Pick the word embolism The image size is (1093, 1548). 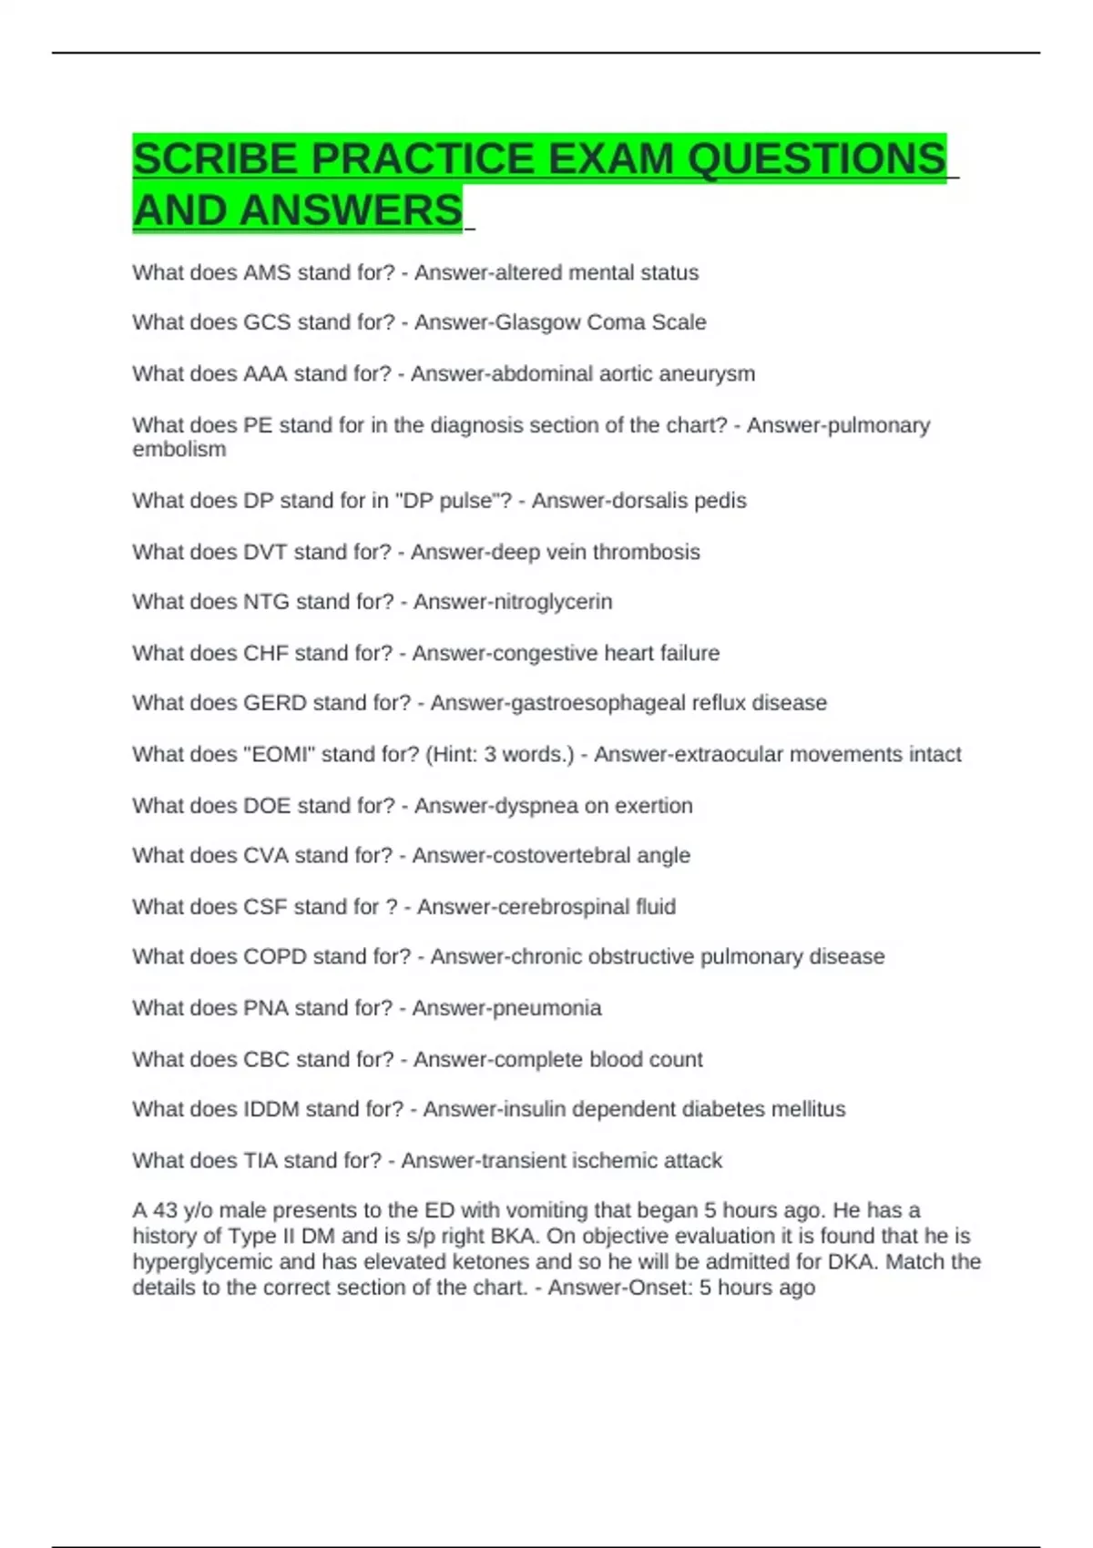pyautogui.click(x=179, y=450)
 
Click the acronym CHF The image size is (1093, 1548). pyautogui.click(x=266, y=653)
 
